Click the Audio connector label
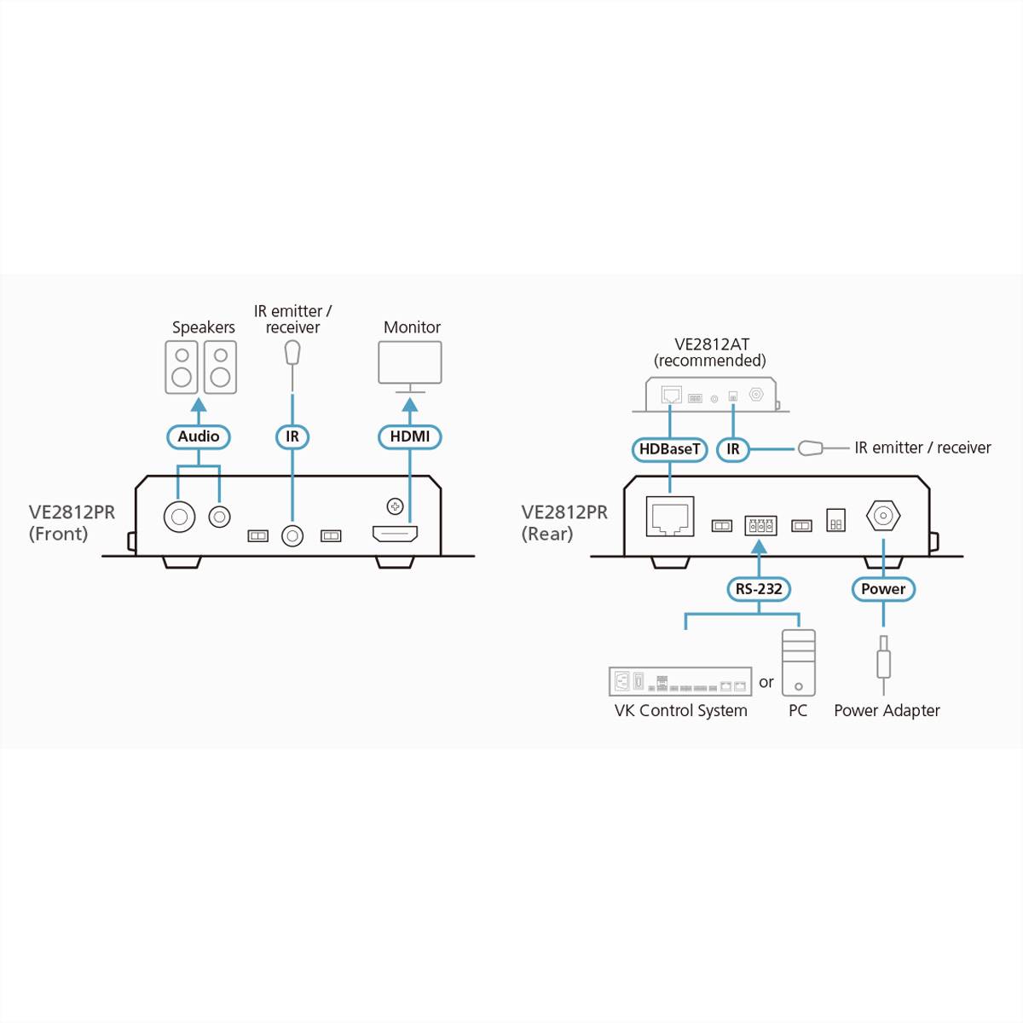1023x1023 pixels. (x=199, y=436)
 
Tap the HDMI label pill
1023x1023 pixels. (x=410, y=436)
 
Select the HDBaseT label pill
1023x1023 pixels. (x=669, y=449)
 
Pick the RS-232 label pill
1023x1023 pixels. (x=759, y=589)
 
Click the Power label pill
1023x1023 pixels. (x=883, y=589)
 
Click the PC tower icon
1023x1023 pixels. (x=799, y=662)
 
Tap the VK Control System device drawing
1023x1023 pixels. (x=680, y=681)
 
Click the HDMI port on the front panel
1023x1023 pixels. (x=395, y=535)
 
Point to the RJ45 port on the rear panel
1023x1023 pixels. (x=670, y=516)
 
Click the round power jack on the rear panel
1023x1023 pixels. (x=883, y=516)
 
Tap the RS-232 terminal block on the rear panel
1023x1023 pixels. (x=760, y=525)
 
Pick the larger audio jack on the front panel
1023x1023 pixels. (x=179, y=517)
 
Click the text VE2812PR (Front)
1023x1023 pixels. (x=72, y=523)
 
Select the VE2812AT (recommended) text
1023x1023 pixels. (x=711, y=352)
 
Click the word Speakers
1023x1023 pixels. (x=203, y=327)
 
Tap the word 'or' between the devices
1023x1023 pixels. (x=766, y=682)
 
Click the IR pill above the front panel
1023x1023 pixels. (x=292, y=436)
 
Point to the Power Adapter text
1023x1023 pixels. (x=887, y=710)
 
